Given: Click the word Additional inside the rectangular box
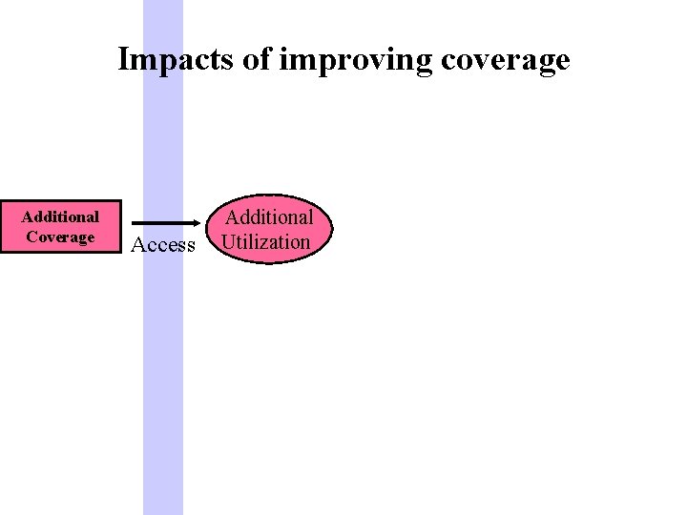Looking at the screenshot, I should (x=60, y=216).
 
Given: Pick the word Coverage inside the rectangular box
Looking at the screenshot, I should (x=60, y=237).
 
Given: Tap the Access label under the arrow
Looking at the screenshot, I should (x=163, y=245).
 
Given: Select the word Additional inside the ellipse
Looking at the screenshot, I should (x=269, y=217).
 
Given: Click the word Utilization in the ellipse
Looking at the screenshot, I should (x=265, y=241).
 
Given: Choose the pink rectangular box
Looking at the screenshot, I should (x=61, y=227).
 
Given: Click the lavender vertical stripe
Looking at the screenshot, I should (x=163, y=381).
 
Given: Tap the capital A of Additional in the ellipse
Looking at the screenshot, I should (x=232, y=217).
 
